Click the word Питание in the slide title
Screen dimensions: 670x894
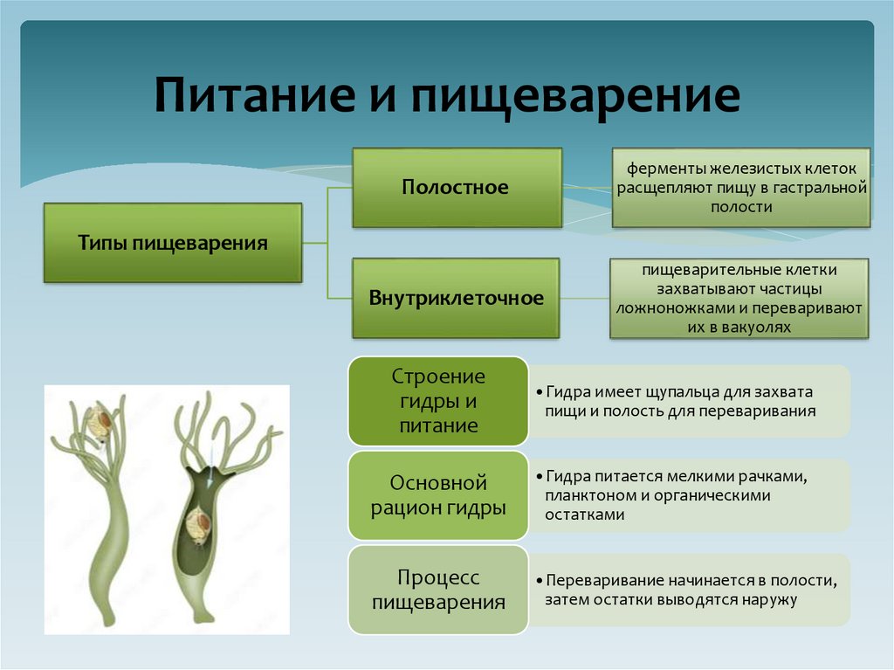pyautogui.click(x=245, y=96)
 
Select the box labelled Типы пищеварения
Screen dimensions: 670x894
pyautogui.click(x=173, y=242)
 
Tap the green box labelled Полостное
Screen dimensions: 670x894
pyautogui.click(x=457, y=187)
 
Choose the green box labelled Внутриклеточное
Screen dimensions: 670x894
pyautogui.click(x=456, y=298)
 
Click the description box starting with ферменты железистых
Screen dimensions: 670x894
pyautogui.click(x=740, y=187)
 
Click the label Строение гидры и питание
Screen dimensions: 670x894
pyautogui.click(x=437, y=401)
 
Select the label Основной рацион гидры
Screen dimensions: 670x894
pyautogui.click(x=437, y=494)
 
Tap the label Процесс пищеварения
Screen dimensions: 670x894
pyautogui.click(x=437, y=590)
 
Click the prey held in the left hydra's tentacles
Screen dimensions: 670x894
pyautogui.click(x=98, y=423)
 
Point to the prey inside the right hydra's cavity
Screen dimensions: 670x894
pyautogui.click(x=199, y=524)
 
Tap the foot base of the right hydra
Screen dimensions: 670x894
pyautogui.click(x=203, y=618)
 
